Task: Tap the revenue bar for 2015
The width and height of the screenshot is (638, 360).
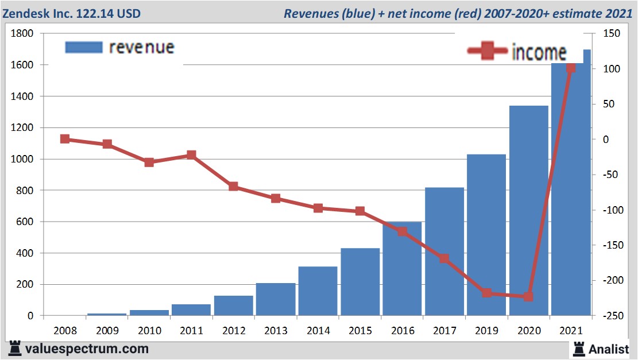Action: [x=360, y=282]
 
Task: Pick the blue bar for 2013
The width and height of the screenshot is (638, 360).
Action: [x=276, y=299]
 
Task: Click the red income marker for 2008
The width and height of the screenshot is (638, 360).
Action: [x=65, y=139]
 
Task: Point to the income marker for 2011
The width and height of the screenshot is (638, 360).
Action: [x=191, y=155]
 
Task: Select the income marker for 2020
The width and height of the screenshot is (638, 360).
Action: [x=528, y=297]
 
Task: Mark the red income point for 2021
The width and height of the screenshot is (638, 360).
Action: [x=571, y=68]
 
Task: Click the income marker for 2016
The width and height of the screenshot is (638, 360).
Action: [x=402, y=231]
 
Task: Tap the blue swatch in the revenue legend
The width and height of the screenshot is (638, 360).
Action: [x=84, y=47]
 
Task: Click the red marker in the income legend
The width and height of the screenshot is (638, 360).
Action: [x=487, y=51]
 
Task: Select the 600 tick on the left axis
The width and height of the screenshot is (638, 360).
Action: [x=26, y=222]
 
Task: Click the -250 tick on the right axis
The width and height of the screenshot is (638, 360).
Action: [x=609, y=316]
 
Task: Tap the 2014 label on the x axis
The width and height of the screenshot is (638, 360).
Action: [x=318, y=331]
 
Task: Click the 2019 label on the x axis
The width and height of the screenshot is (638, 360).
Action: [x=486, y=331]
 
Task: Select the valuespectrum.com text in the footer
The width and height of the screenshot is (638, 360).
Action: [x=86, y=349]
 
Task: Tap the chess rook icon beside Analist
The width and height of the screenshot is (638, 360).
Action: [x=579, y=348]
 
